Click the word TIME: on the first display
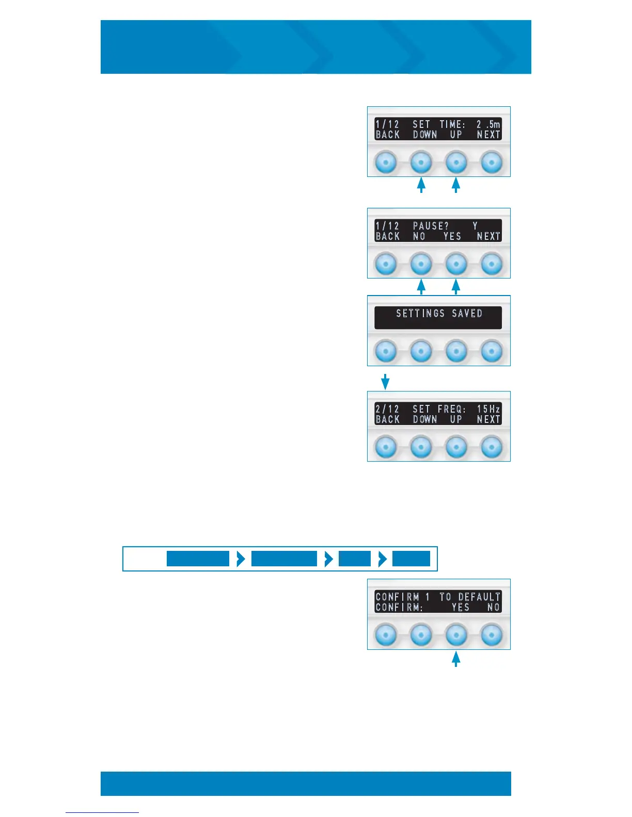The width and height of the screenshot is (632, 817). (x=452, y=124)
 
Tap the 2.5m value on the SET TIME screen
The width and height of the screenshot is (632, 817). (x=488, y=124)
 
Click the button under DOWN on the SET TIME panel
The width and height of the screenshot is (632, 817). (x=421, y=162)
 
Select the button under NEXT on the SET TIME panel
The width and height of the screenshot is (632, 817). (x=492, y=162)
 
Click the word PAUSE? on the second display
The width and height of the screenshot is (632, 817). (x=431, y=226)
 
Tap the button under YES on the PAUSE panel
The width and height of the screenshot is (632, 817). (x=456, y=264)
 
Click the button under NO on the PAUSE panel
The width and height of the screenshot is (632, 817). (x=421, y=264)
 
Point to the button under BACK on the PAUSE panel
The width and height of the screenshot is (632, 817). (x=386, y=264)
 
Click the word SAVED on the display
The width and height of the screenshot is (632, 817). (x=467, y=313)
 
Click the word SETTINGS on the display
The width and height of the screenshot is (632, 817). (x=420, y=313)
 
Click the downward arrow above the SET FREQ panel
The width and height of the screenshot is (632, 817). (x=385, y=382)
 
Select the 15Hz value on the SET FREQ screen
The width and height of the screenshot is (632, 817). (x=488, y=409)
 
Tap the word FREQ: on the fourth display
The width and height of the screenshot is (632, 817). (x=452, y=409)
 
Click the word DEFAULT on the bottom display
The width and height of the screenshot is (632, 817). (x=479, y=597)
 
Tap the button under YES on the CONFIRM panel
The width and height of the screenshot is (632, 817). (x=456, y=635)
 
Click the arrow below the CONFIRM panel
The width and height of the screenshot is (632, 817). (x=456, y=659)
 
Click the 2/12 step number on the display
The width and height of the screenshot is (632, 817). (x=387, y=409)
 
